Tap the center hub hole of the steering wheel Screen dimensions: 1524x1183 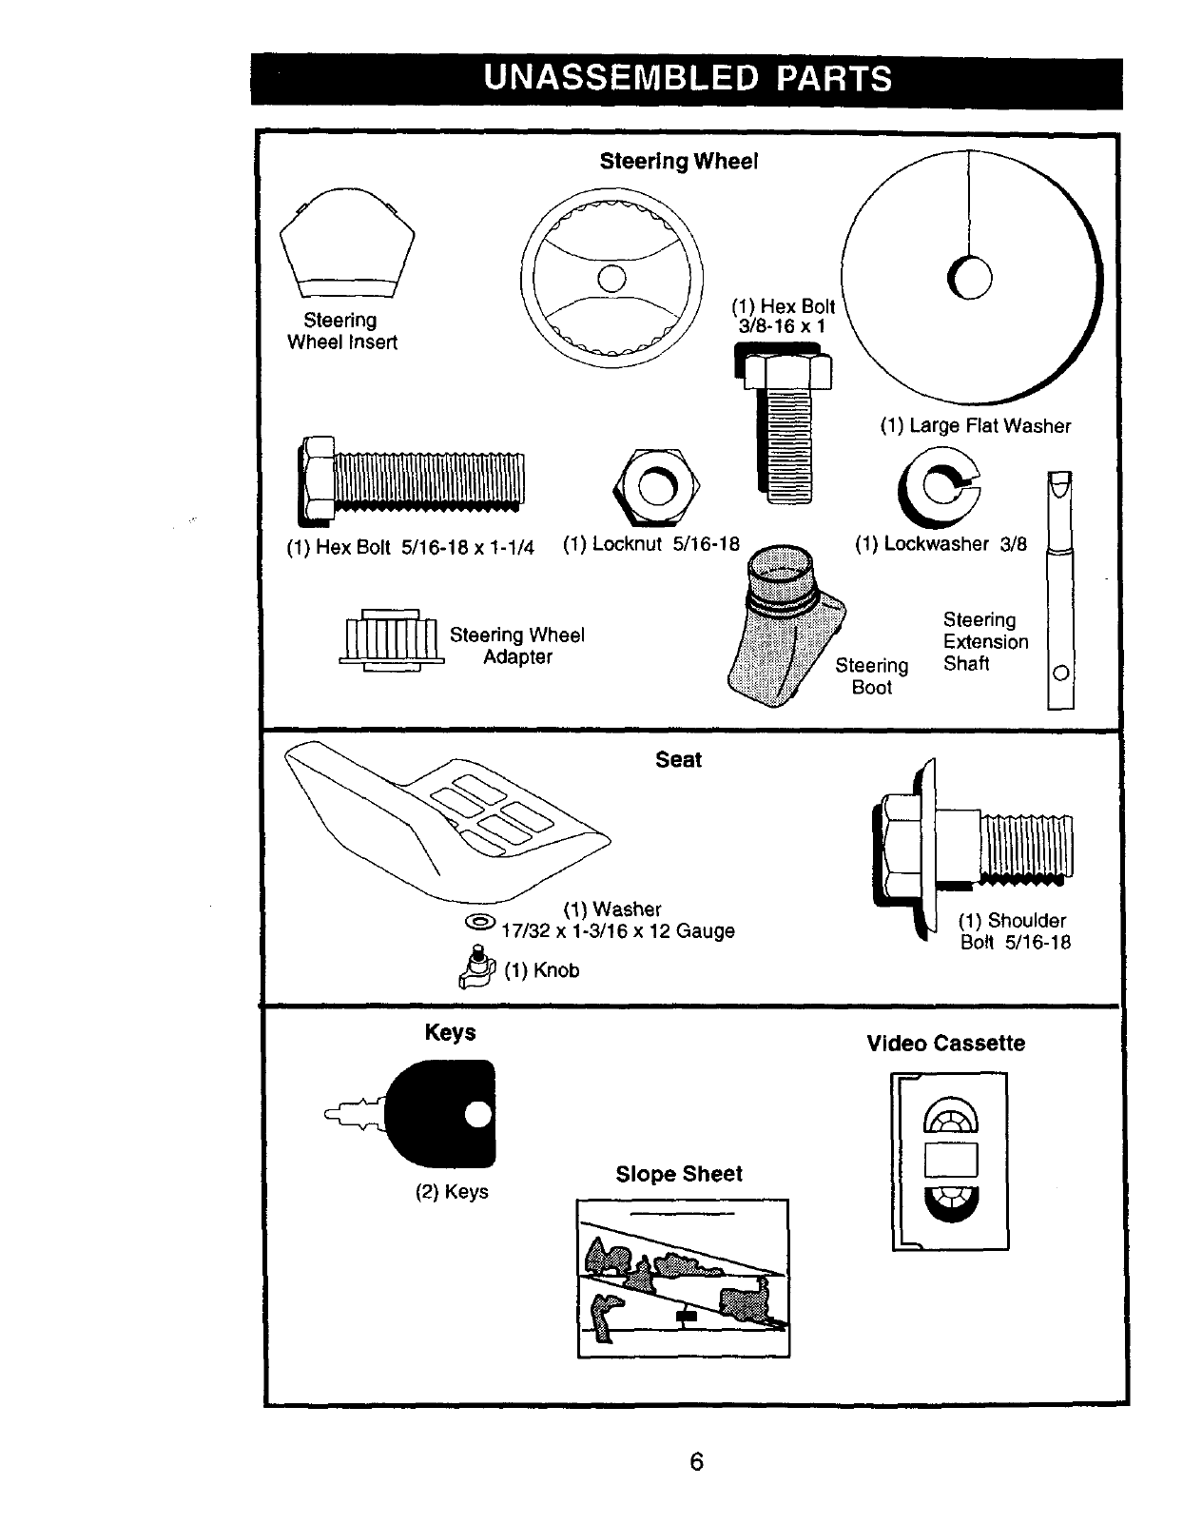coord(611,278)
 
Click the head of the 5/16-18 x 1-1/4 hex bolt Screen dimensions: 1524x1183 coord(317,479)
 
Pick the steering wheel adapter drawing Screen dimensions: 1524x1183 coord(391,638)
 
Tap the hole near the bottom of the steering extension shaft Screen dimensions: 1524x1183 coord(1060,674)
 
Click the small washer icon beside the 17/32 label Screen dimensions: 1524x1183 coord(480,922)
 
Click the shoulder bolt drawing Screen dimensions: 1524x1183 coord(970,847)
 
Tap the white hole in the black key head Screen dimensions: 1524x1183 coord(478,1114)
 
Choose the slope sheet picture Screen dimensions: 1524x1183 coord(683,1278)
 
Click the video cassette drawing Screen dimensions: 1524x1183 coord(949,1162)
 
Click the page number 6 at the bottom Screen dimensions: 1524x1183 coord(696,1461)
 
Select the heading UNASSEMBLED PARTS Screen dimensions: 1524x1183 coord(687,78)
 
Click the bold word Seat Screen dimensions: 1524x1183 coord(678,760)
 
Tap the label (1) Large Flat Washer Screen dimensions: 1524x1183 coord(975,426)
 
